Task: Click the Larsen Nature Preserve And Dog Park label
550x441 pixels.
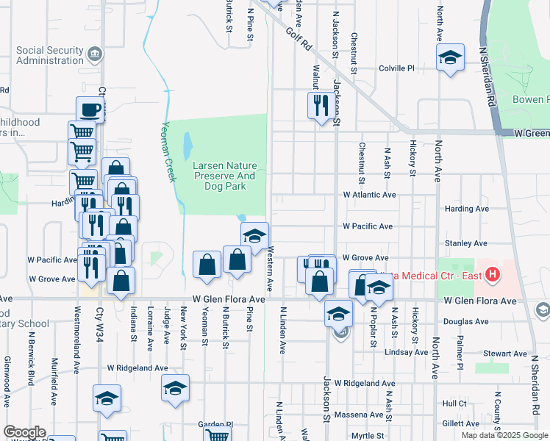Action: [x=224, y=176]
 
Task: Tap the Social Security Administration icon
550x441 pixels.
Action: [x=94, y=54]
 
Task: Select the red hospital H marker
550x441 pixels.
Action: [x=492, y=276]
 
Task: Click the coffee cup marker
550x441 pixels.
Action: [x=90, y=110]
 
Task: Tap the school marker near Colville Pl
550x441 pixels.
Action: [x=449, y=57]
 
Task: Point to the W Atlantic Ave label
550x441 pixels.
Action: [x=369, y=195]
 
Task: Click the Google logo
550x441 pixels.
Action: [x=25, y=432]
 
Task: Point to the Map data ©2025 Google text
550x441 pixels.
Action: [x=504, y=435]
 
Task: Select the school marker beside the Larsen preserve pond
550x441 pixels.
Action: [x=254, y=236]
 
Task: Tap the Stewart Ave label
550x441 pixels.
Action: [x=490, y=354]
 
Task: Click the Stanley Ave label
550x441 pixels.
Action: [x=466, y=243]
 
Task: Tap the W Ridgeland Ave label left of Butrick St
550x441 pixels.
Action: [x=137, y=367]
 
